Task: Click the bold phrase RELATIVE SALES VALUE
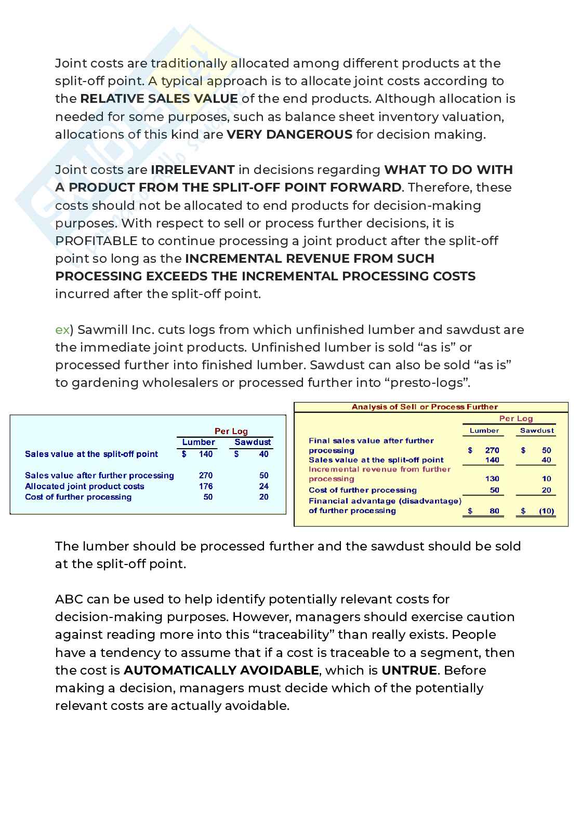coord(159,99)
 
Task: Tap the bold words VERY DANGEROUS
coord(289,135)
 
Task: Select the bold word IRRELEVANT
coord(192,170)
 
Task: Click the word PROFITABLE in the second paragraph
coord(96,241)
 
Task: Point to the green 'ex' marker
coord(62,330)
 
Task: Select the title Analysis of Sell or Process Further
coord(425,407)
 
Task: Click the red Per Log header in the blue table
coord(231,431)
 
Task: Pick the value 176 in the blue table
coord(206,486)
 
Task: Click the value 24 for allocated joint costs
coord(263,486)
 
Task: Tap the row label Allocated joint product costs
coord(84,486)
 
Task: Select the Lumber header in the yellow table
coord(484,431)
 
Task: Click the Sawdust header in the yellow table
coord(537,431)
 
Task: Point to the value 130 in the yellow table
coord(492,479)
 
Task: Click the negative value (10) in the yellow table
coord(546,511)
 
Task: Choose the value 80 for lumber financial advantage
coord(494,511)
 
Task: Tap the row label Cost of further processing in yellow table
coord(362,490)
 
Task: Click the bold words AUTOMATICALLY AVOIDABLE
coord(221,670)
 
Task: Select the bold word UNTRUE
coord(409,670)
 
